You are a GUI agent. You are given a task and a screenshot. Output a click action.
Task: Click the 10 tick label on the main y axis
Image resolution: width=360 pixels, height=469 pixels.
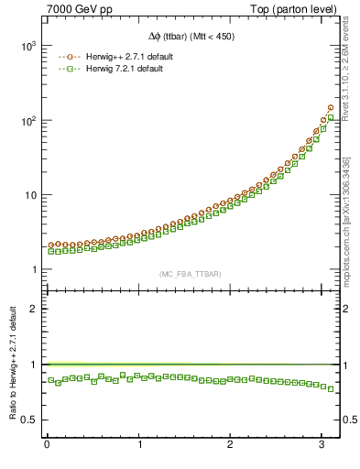[29, 195]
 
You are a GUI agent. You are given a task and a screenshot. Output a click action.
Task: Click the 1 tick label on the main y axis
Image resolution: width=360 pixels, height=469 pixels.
[34, 269]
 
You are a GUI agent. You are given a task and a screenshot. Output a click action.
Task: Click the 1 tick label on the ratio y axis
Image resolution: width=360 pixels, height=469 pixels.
[34, 364]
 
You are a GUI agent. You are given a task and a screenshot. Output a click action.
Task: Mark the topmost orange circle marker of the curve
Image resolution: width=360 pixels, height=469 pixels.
[330, 107]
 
